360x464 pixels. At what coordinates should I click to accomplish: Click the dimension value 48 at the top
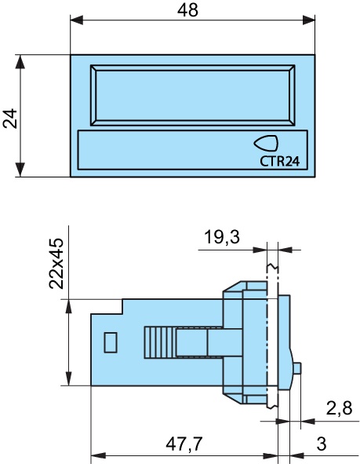(188, 10)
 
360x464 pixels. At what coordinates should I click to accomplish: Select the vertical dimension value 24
(10, 118)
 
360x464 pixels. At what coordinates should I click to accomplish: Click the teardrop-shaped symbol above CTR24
(266, 143)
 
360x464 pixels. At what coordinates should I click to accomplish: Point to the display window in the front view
(193, 94)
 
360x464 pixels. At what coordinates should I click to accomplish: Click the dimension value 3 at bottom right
(321, 444)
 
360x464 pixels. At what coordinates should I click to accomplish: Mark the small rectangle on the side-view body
(111, 342)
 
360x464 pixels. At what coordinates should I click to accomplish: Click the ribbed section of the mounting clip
(159, 342)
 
